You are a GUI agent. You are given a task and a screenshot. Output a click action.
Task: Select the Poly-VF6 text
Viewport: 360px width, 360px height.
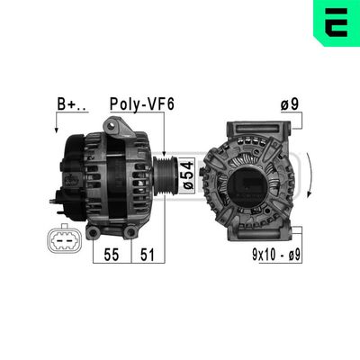point(141,104)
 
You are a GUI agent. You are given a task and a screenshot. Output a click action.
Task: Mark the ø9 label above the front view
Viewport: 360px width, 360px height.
point(290,104)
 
